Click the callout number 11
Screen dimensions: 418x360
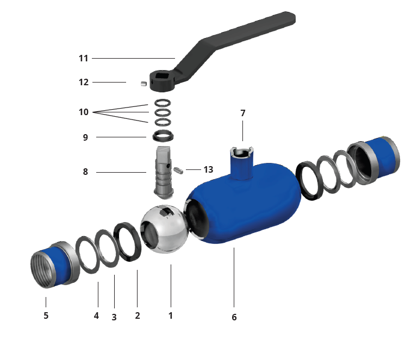click(84, 58)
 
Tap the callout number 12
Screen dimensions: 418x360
click(84, 83)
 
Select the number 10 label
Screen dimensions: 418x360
click(84, 112)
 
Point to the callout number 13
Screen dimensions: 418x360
click(208, 169)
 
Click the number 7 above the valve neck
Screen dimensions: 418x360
click(242, 113)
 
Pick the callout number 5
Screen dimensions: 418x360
click(46, 315)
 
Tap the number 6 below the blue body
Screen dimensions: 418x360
click(234, 317)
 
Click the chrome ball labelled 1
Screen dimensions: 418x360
click(165, 229)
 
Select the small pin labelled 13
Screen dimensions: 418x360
click(178, 170)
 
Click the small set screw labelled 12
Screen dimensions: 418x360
click(144, 84)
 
